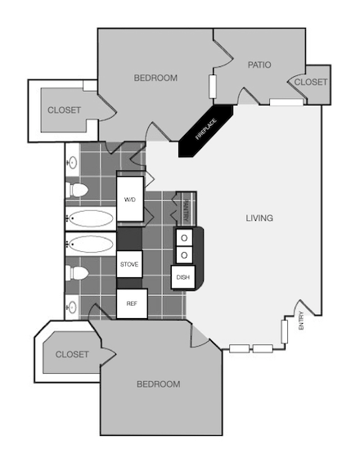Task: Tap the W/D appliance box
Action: (130, 199)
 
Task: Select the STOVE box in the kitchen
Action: (129, 264)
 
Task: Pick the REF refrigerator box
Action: (131, 303)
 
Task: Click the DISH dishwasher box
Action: (182, 277)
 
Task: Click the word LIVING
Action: (259, 218)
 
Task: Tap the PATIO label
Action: (259, 65)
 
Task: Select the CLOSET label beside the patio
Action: (311, 82)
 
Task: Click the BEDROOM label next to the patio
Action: (155, 78)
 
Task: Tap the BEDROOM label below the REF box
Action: (158, 384)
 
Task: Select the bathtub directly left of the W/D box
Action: (90, 219)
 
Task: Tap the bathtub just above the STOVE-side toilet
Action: (90, 244)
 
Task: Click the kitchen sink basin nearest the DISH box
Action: (184, 255)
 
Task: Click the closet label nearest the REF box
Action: (72, 355)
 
